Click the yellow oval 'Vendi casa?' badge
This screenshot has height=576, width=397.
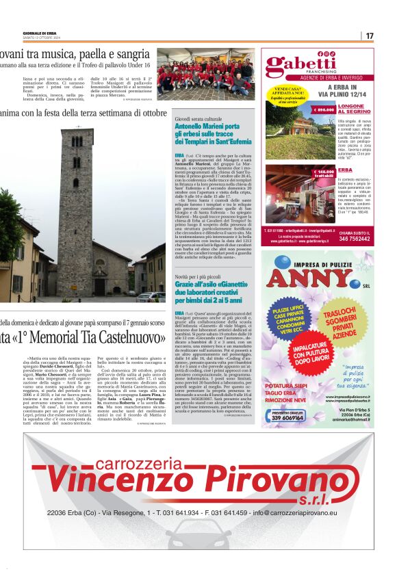[x=287, y=94]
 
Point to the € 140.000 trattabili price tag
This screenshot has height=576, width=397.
[x=323, y=173]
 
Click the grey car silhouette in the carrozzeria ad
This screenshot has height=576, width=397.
[x=198, y=540]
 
